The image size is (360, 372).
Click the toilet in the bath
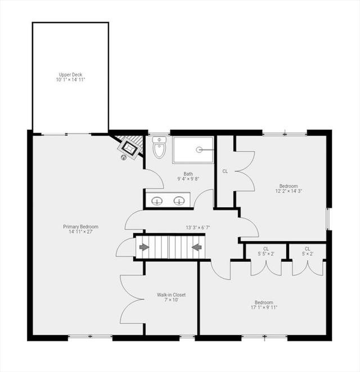click(159, 147)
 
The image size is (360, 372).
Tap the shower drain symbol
click(199, 149)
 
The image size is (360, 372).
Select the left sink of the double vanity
click(157, 201)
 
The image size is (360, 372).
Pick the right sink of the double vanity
click(179, 201)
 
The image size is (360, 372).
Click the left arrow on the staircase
click(144, 247)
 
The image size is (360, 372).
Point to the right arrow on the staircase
click(197, 247)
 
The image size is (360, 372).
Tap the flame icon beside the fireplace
click(123, 157)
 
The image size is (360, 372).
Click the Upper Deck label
click(70, 75)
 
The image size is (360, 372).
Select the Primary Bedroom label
click(81, 226)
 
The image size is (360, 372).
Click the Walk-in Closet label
click(171, 294)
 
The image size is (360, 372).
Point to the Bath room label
click(188, 174)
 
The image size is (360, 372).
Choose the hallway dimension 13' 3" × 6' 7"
click(198, 228)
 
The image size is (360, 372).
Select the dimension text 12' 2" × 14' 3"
click(289, 191)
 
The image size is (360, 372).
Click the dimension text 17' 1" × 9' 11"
click(264, 307)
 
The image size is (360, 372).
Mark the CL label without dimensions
click(225, 171)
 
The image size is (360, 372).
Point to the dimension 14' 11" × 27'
click(81, 232)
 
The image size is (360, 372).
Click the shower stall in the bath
click(193, 150)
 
